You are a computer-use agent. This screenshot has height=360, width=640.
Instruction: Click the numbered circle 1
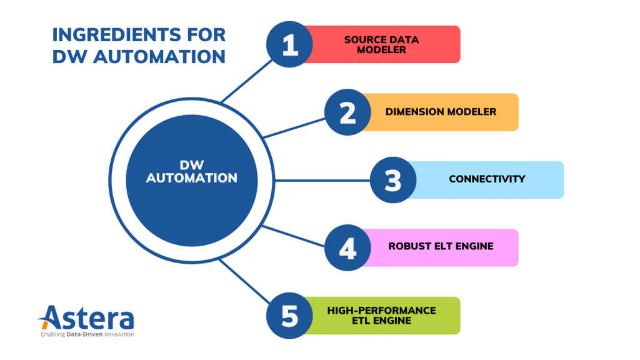290,45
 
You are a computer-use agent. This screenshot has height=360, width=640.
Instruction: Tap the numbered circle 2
348,112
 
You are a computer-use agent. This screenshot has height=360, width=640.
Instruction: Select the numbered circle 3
393,180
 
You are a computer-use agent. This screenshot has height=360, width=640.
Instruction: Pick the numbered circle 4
348,247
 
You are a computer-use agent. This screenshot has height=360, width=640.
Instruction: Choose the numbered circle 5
290,316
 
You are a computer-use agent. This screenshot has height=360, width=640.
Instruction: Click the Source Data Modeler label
381,44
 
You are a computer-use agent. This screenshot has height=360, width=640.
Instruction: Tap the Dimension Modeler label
441,112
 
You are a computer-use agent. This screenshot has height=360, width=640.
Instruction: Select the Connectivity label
487,179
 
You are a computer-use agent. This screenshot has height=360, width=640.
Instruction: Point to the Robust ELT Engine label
441,246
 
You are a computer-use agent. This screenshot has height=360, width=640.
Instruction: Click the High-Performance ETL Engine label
381,315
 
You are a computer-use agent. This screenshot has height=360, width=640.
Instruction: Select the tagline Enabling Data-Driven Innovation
87,334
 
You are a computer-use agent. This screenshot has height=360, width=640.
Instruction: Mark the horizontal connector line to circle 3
322,181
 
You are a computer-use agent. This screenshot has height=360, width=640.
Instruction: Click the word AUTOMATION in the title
156,57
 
